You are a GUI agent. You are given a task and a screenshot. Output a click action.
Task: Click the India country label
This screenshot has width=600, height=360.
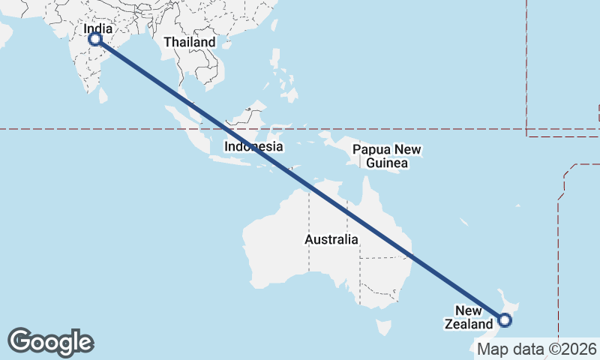point(99,29)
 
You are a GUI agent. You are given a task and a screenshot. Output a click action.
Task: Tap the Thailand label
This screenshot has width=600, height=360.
point(190,42)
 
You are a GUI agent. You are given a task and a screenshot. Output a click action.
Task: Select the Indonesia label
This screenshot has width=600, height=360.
point(254,146)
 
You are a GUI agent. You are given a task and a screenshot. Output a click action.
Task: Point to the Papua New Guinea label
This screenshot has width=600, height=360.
point(387,156)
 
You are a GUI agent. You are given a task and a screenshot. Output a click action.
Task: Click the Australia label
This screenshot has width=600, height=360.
point(331,239)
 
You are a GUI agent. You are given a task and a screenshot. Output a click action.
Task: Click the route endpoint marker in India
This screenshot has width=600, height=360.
point(95,39)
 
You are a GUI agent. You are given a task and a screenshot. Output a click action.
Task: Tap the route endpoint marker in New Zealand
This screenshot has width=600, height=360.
point(505,320)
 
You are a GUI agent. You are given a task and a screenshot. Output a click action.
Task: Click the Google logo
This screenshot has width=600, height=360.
point(50,341)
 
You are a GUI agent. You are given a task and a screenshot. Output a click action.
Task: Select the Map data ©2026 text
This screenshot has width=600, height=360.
point(536,349)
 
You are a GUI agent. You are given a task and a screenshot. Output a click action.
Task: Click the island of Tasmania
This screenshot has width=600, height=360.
point(384,328)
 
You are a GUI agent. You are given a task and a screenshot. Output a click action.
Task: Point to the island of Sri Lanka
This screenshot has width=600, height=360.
point(103,95)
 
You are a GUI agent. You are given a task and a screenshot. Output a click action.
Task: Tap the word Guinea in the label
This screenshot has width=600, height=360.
point(387,163)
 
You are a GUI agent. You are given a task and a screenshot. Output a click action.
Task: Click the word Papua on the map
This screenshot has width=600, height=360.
point(371,149)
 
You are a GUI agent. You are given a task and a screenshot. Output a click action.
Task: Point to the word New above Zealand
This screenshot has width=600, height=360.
point(469,310)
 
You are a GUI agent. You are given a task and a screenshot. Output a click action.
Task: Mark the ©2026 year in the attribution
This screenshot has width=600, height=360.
point(573,349)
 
